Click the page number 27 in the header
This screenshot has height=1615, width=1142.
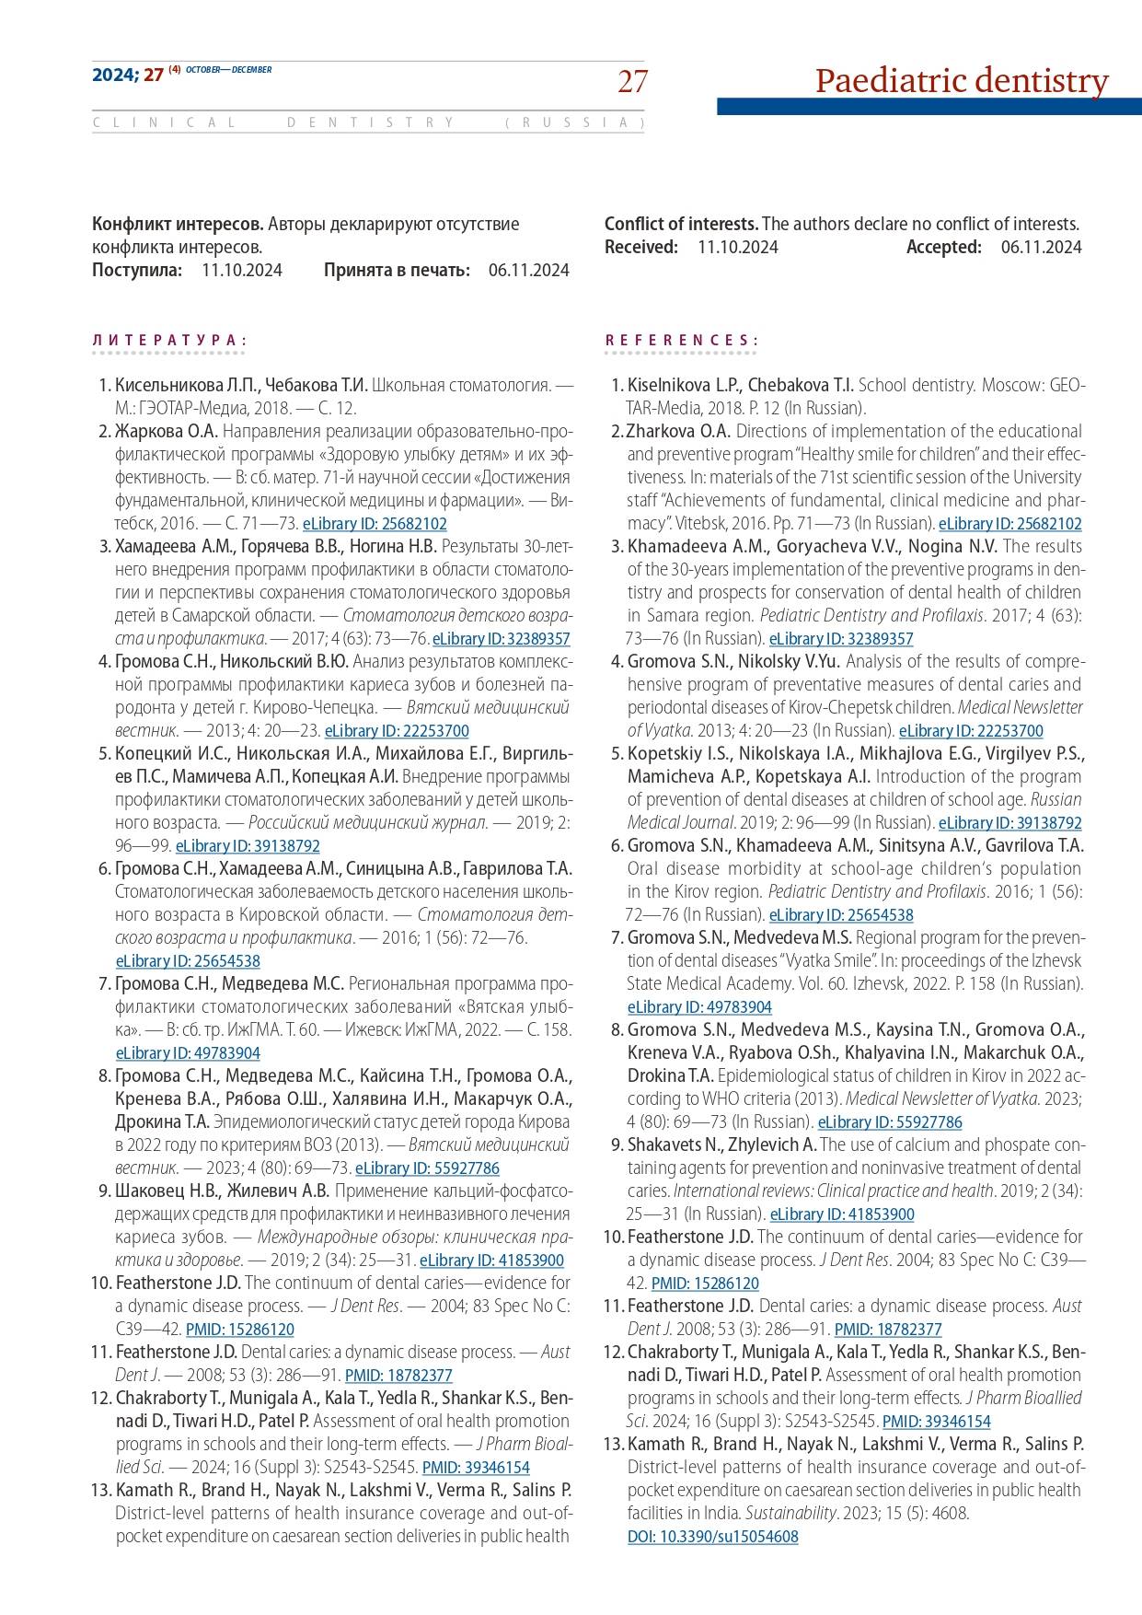click(632, 82)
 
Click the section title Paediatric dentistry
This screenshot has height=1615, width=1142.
click(962, 81)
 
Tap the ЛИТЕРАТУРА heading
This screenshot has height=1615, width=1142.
click(169, 341)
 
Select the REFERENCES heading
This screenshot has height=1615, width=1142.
click(681, 341)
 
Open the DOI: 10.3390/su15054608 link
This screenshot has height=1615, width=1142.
click(712, 1537)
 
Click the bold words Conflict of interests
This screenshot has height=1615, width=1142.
click(681, 224)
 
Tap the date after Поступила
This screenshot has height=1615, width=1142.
click(242, 270)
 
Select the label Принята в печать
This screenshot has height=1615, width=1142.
click(397, 270)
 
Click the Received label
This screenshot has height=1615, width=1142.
click(640, 247)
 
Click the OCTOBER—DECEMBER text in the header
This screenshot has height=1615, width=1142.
click(229, 70)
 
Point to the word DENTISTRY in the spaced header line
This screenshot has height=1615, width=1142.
click(371, 122)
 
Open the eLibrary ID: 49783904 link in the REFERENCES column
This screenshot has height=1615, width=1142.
click(699, 1007)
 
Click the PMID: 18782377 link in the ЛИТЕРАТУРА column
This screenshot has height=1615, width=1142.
click(398, 1376)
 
